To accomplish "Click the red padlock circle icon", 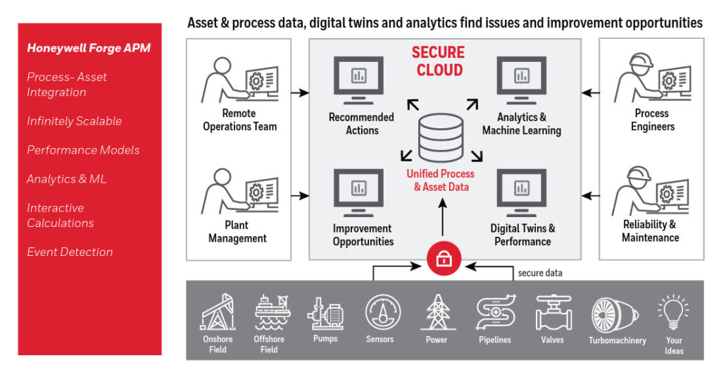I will point(444,260).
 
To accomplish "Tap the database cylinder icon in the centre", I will point(441,137).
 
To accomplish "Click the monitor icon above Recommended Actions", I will point(358,78).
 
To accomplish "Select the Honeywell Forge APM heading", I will point(89,48).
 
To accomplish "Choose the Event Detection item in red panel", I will point(70,252).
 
